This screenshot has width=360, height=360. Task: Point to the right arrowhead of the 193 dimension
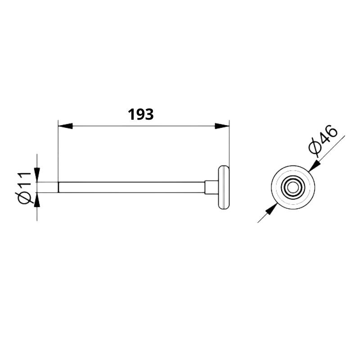tap(222, 126)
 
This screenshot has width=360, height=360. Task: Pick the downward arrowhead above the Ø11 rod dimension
tap(37, 175)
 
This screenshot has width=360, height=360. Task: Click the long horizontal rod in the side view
tap(130, 187)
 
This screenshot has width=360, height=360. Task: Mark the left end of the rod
tap(59, 187)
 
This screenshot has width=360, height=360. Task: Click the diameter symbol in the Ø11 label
tap(25, 198)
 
